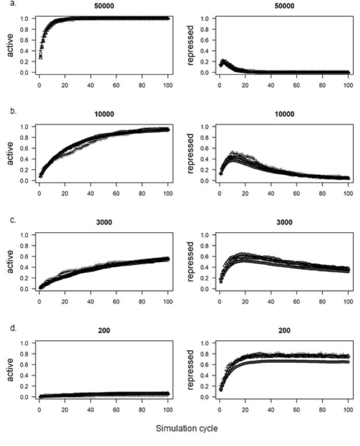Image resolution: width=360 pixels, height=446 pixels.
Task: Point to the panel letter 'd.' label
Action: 7,329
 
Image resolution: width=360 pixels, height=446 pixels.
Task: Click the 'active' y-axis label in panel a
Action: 10,45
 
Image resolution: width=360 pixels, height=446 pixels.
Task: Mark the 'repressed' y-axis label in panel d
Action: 190,370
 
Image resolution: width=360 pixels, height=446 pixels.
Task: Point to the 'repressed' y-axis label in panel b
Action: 190,153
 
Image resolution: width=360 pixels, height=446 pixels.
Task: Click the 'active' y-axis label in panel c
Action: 10,262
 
